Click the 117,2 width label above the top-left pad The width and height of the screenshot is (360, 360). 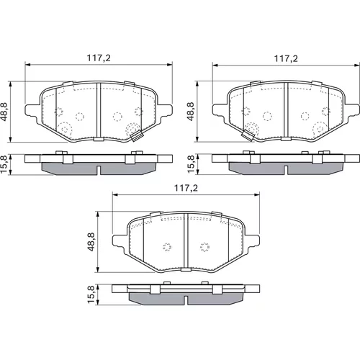click(99, 58)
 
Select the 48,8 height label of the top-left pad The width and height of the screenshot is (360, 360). click(5, 112)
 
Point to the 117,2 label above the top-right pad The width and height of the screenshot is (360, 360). click(286, 58)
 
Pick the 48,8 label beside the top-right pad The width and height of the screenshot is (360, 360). click(192, 112)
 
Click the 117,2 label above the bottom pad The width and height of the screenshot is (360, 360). click(186, 188)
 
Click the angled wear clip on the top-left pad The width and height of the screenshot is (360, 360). click(137, 136)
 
